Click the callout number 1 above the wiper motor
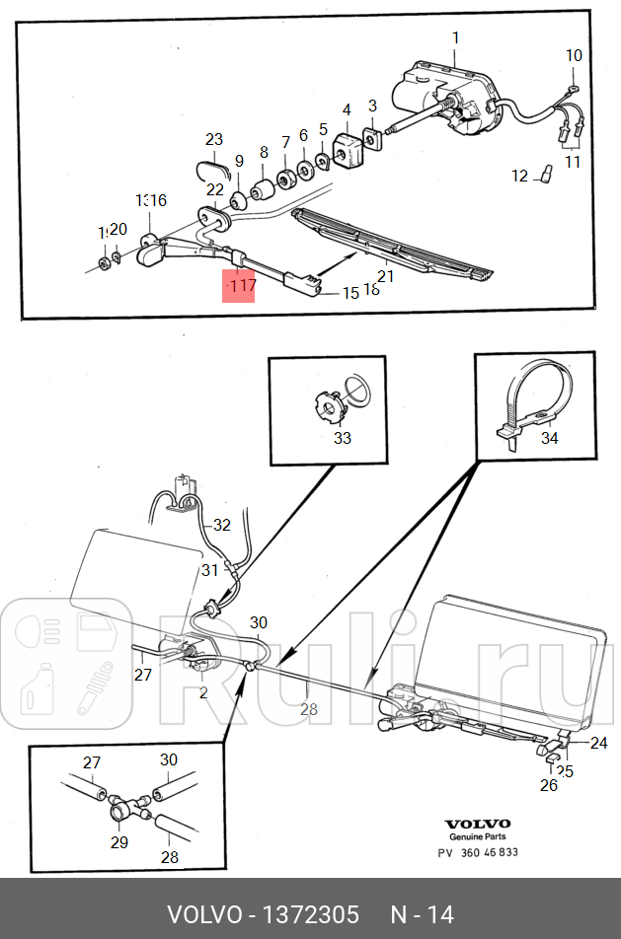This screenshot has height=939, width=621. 455,37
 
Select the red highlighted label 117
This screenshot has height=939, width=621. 239,286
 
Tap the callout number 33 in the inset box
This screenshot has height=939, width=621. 342,438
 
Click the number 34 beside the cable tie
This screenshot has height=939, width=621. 550,438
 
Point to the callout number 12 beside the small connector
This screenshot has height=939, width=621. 520,177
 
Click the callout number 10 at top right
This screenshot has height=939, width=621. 574,55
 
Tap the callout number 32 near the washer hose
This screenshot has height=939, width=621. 221,525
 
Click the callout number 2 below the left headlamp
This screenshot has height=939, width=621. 203,692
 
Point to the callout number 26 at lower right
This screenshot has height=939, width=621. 548,785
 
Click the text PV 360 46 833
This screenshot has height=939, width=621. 478,852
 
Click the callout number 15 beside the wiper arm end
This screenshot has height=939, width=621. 351,293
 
